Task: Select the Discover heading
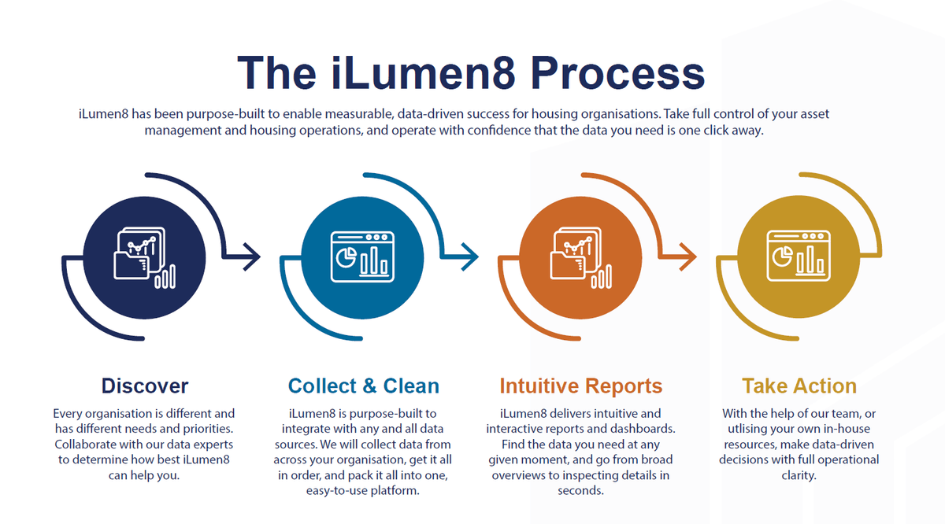tap(145, 386)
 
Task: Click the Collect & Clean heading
tap(364, 386)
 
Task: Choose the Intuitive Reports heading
tap(581, 386)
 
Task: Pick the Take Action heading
tap(799, 386)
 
